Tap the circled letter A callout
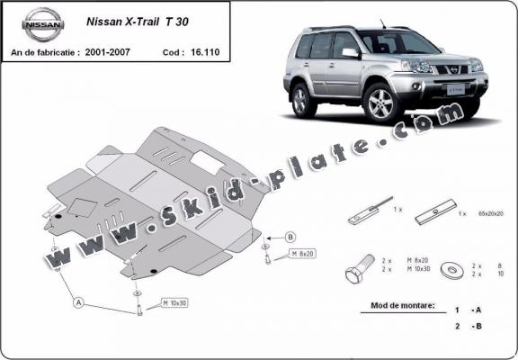point(79,304)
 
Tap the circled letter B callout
point(290,237)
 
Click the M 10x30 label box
point(175,301)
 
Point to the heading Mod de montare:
point(403,306)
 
